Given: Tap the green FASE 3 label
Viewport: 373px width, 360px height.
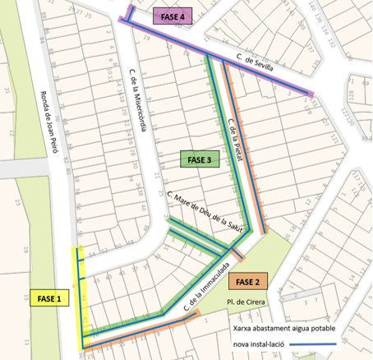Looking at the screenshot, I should click(199, 159).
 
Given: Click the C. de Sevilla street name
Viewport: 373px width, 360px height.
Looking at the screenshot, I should click(252, 64).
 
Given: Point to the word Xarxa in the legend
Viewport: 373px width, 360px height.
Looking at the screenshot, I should click(239, 326).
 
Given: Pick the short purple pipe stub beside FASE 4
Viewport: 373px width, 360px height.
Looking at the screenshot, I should click(131, 14).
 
